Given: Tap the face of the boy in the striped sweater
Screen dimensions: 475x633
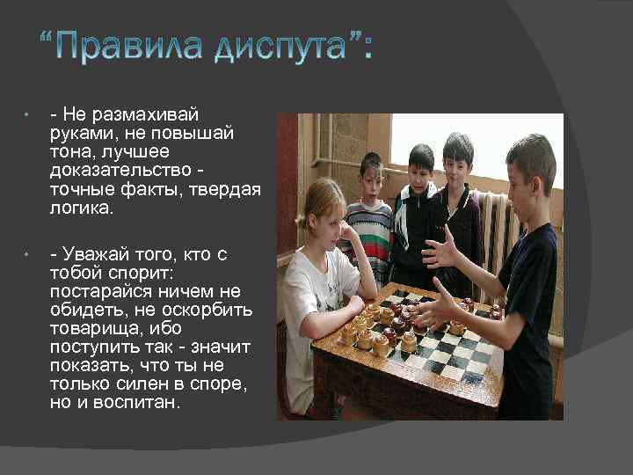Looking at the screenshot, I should point(371,178).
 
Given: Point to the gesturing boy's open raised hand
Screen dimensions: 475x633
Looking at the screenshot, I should point(440,250).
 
